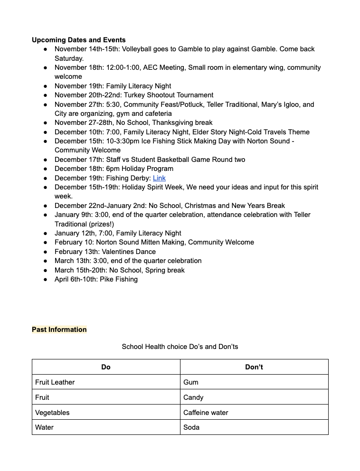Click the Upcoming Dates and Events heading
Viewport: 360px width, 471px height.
pos(79,40)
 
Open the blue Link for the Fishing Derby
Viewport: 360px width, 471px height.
pos(159,178)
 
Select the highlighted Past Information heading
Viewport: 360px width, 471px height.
pos(59,330)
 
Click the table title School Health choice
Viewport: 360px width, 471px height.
pos(180,347)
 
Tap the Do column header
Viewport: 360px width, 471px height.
pos(106,367)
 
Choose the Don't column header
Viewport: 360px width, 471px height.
pos(254,367)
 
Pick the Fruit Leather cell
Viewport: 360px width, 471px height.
pos(55,382)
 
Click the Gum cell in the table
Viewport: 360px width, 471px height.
pos(191,382)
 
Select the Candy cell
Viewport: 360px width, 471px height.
pos(193,397)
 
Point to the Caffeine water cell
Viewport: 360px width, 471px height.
pos(206,413)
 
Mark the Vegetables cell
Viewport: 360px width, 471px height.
pos(52,413)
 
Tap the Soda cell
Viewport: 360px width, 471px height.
pos(191,427)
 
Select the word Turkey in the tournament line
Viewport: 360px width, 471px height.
pos(135,95)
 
